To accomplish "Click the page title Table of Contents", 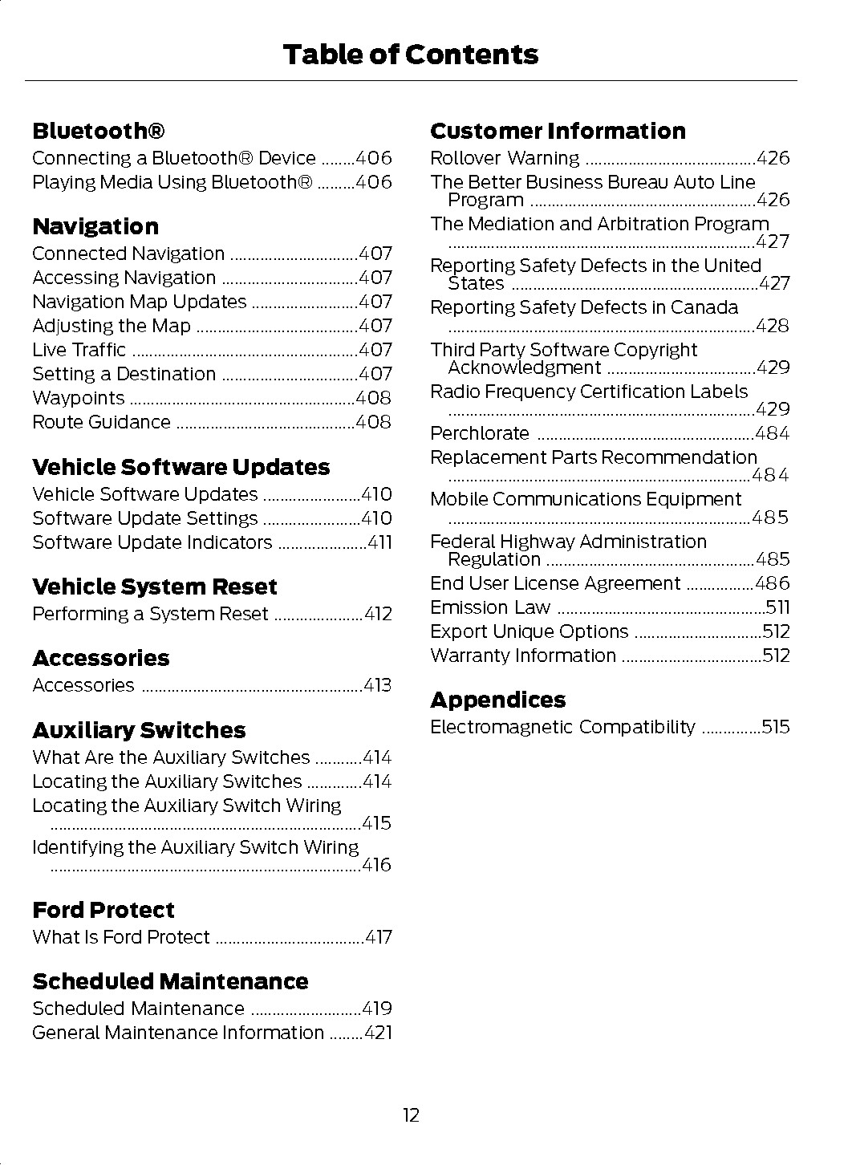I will (x=410, y=55).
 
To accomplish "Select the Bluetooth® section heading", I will (x=99, y=131).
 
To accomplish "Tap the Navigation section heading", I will (x=95, y=226).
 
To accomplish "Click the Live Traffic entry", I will (x=79, y=350).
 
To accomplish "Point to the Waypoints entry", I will (x=79, y=398).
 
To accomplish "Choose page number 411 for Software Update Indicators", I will (x=379, y=542).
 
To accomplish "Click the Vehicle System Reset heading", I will (x=154, y=587).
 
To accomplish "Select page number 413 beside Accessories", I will (x=377, y=685).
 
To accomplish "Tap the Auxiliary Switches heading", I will (x=139, y=730).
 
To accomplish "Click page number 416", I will (x=376, y=865).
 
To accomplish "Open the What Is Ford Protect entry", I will (x=121, y=937).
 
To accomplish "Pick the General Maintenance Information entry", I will (x=178, y=1033).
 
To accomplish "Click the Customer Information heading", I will (x=558, y=131).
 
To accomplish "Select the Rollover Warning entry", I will (x=505, y=158).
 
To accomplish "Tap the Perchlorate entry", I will (x=480, y=434).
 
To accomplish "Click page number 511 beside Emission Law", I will (x=777, y=607).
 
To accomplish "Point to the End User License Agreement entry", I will (x=555, y=583).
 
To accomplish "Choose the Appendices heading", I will (x=497, y=700).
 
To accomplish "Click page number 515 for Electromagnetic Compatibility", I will (x=776, y=727).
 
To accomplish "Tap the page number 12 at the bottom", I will (x=411, y=1115).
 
